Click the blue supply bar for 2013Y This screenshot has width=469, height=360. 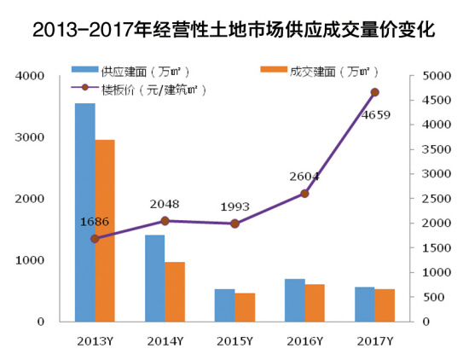coord(84,212)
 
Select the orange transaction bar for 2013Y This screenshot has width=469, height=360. coord(105,230)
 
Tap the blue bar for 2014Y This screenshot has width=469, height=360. coord(154,278)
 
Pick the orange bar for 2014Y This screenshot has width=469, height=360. coord(175,292)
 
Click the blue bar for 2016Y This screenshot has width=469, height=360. coord(294,300)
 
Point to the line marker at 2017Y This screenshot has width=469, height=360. coord(374,92)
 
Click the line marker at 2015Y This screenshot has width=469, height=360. coord(234,224)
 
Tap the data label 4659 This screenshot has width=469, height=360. coord(375,114)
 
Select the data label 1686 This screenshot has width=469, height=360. coord(95,221)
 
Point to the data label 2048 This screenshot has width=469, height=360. coord(165,204)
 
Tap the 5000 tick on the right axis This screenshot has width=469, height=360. coord(436,76)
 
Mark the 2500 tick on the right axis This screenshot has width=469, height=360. coord(436,199)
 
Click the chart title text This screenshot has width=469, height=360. coord(234,32)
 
